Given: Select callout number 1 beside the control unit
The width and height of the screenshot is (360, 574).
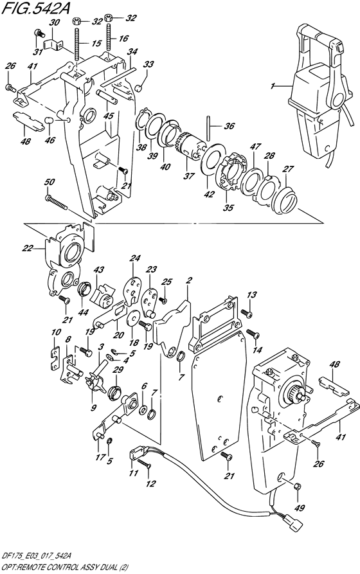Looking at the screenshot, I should coord(273,85).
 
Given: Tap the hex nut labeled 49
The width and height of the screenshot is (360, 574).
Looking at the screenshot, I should coord(298,487).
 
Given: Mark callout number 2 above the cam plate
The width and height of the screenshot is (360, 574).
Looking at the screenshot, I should coord(190,282).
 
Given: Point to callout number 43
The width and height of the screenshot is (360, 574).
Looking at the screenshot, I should coord(99,269).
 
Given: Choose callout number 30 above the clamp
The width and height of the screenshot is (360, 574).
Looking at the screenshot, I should coord(54,22).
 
